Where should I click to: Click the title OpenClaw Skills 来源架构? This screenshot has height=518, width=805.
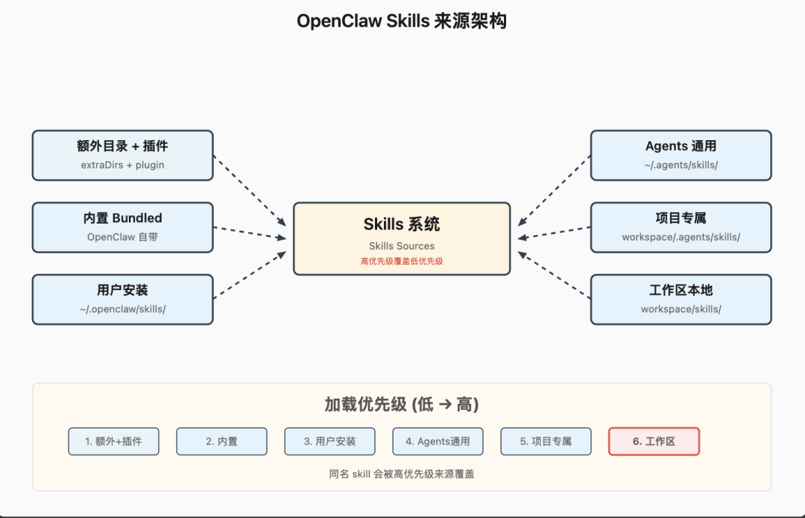pyautogui.click(x=402, y=21)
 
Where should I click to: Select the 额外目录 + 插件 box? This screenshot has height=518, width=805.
pyautogui.click(x=122, y=155)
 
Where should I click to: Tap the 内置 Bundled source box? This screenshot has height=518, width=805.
pyautogui.click(x=122, y=227)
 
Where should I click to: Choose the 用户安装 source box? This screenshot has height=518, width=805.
pyautogui.click(x=122, y=299)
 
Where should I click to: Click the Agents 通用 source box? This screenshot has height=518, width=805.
pyautogui.click(x=681, y=155)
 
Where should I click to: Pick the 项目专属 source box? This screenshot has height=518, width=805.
pyautogui.click(x=681, y=227)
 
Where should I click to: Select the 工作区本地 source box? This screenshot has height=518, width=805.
pyautogui.click(x=681, y=299)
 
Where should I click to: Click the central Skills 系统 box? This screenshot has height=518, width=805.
pyautogui.click(x=402, y=238)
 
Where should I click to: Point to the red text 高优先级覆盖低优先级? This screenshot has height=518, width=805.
pyautogui.click(x=402, y=261)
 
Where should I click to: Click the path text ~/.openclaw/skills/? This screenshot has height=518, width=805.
pyautogui.click(x=122, y=309)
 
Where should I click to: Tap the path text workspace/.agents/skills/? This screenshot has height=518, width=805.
pyautogui.click(x=681, y=237)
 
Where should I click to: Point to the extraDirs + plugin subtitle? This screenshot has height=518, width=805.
pyautogui.click(x=122, y=165)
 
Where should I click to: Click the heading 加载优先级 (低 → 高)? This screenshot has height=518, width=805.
pyautogui.click(x=402, y=405)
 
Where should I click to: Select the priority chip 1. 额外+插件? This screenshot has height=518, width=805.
pyautogui.click(x=113, y=441)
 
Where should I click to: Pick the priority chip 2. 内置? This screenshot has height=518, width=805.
pyautogui.click(x=221, y=441)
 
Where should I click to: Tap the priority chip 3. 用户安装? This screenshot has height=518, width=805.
pyautogui.click(x=329, y=441)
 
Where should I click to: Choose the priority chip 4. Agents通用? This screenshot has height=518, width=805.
pyautogui.click(x=438, y=441)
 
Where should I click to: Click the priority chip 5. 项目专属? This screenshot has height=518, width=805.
pyautogui.click(x=546, y=441)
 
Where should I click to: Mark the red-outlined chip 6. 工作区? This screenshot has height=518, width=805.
pyautogui.click(x=654, y=441)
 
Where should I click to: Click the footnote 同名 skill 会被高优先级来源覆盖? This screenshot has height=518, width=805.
pyautogui.click(x=402, y=473)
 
